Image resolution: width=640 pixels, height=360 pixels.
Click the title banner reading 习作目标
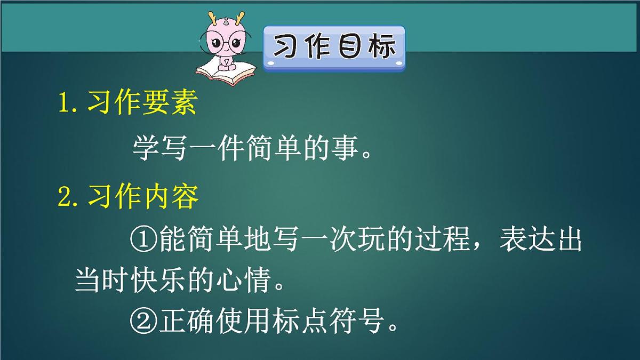point(334,47)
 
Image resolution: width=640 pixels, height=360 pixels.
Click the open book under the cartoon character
point(226,74)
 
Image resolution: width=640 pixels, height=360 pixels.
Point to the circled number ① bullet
point(143,241)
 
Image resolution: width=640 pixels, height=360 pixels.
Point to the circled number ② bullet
point(143,320)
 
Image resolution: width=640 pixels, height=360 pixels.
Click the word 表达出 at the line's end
point(540,241)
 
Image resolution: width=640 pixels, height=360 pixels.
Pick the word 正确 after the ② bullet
point(187,320)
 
